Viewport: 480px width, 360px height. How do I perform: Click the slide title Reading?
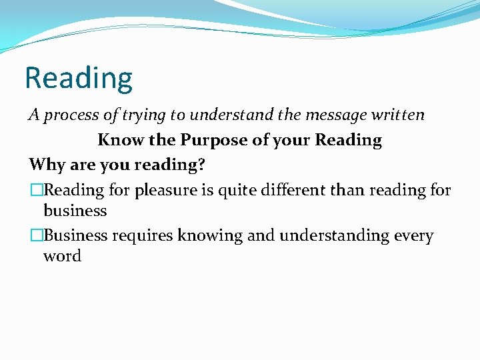78,77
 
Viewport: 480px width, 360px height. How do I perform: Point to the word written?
398,115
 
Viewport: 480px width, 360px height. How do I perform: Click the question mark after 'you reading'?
201,165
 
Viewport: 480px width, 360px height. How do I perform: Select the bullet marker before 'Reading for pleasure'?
36,191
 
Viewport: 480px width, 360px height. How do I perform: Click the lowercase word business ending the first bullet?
75,211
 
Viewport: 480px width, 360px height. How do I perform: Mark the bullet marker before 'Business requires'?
36,236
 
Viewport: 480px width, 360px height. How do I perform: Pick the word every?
413,236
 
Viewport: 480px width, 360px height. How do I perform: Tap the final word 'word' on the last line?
62,256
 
